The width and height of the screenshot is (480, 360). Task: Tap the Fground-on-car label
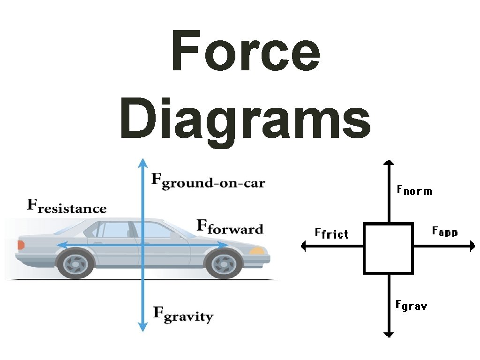click(208, 181)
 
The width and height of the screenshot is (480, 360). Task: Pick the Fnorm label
click(414, 190)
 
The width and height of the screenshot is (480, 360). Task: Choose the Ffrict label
click(331, 233)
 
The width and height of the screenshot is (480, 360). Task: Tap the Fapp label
click(444, 231)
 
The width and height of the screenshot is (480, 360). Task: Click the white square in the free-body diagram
click(388, 248)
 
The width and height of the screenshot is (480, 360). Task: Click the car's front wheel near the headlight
click(224, 264)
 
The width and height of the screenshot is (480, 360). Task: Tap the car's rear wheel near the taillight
click(75, 264)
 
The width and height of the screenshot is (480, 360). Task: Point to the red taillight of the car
click(21, 245)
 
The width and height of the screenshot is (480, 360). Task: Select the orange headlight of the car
click(257, 251)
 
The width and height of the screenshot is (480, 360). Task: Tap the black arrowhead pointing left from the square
click(304, 246)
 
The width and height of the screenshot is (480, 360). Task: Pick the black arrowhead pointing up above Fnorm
click(388, 162)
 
